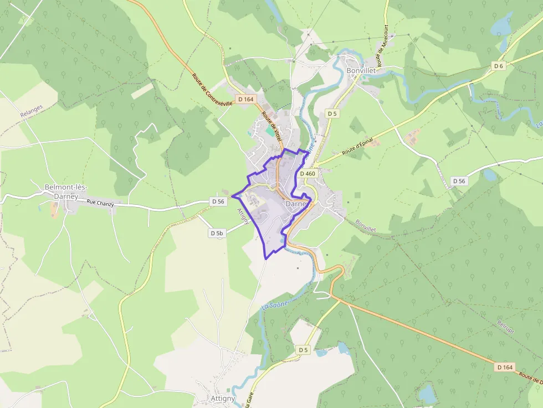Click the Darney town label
click(296, 204)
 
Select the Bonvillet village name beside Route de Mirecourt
click(361, 71)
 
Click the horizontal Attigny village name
click(223, 399)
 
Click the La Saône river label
click(275, 303)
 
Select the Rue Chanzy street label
click(100, 203)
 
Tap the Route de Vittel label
click(272, 126)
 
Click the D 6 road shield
click(499, 66)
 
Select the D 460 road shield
click(308, 174)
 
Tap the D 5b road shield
click(217, 234)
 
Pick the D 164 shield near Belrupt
click(505, 367)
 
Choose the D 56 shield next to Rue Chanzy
click(218, 202)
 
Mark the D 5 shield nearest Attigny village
click(303, 350)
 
